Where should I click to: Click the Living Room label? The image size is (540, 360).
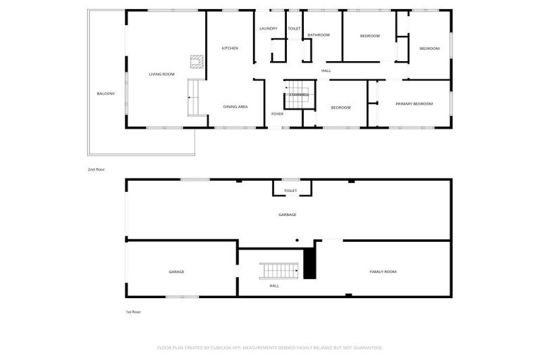(161, 74)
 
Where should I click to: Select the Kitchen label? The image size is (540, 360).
(230, 49)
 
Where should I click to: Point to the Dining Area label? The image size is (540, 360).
(235, 107)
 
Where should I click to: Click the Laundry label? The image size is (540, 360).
(268, 29)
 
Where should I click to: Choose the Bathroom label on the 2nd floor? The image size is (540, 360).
(319, 35)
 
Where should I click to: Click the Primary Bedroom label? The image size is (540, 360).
(413, 104)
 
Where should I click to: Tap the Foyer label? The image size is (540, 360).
(277, 114)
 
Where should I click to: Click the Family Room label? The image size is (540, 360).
(383, 271)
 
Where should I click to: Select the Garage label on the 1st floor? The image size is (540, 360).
(176, 271)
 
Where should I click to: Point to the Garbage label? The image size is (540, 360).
(287, 214)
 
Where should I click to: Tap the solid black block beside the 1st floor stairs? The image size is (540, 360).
(309, 264)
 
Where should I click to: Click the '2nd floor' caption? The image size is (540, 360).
(96, 169)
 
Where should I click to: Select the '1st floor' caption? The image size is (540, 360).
(133, 312)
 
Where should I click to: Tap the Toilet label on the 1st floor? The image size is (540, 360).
(290, 191)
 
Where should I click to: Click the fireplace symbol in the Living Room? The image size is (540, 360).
(197, 60)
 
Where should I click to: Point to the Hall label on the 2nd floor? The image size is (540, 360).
(326, 71)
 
